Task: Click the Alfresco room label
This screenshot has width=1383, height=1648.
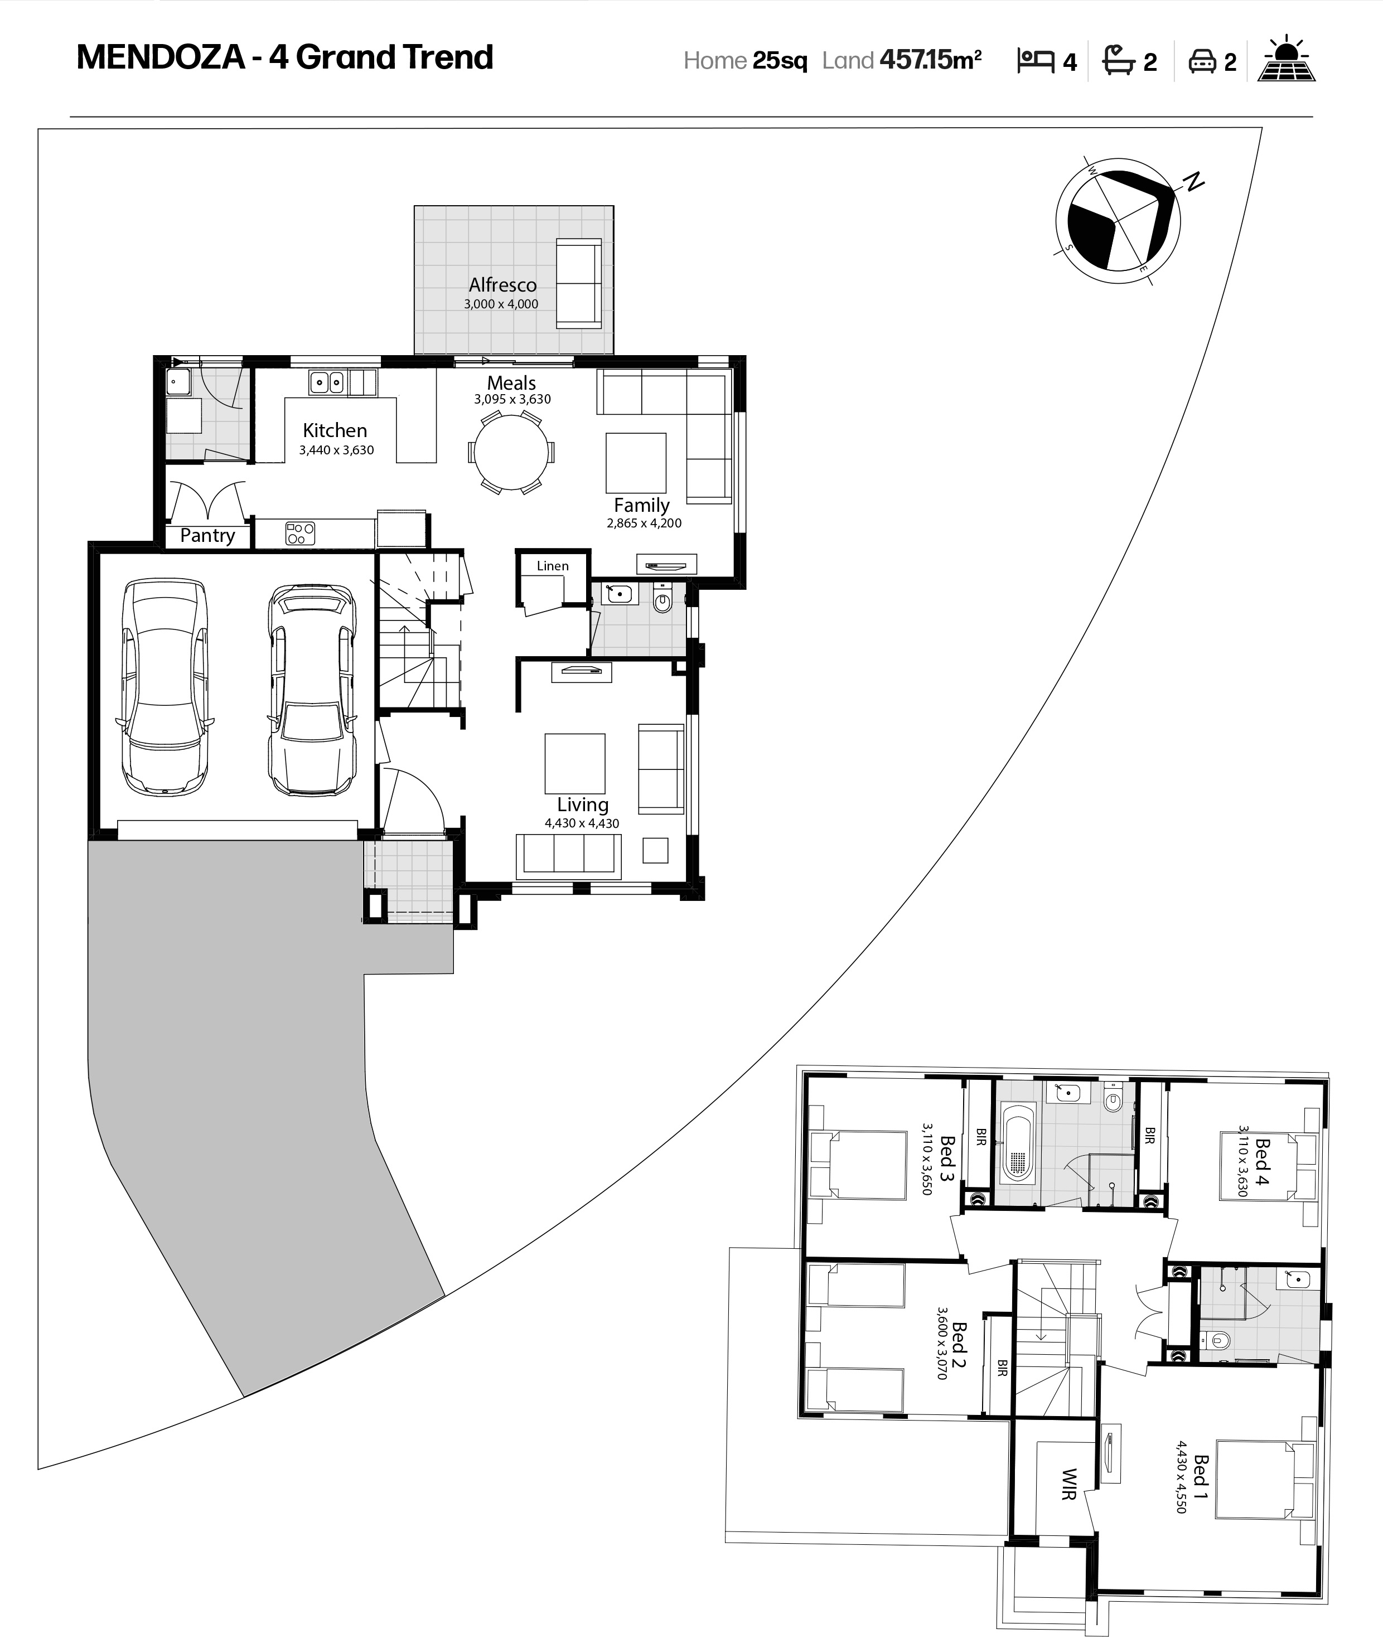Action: tap(502, 285)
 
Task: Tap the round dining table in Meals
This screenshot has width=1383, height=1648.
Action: tap(511, 453)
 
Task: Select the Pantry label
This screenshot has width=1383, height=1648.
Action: tap(207, 536)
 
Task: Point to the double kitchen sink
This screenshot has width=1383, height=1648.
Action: tap(327, 382)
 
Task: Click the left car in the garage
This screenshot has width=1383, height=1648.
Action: tap(165, 687)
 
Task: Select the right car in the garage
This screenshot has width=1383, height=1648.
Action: tap(312, 689)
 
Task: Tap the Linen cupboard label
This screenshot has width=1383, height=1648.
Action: tap(553, 566)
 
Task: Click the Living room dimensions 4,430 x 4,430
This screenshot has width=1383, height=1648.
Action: tap(582, 823)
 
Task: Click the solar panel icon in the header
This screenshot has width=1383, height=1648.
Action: tap(1287, 60)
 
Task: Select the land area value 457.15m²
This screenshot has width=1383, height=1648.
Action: tap(931, 60)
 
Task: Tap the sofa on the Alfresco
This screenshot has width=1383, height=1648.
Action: tap(578, 283)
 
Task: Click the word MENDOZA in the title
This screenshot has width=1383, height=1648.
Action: tap(161, 57)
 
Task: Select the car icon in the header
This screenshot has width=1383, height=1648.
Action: tap(1202, 61)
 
